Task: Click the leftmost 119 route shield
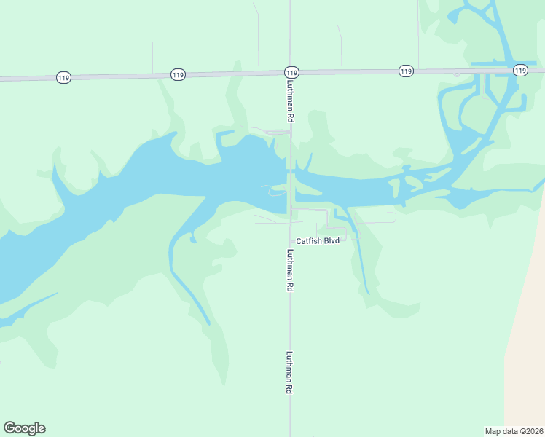pyautogui.click(x=63, y=77)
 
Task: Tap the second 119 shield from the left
pyautogui.click(x=178, y=74)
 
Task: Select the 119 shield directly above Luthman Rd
pyautogui.click(x=291, y=72)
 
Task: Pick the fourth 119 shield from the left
pyautogui.click(x=406, y=71)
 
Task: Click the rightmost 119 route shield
pyautogui.click(x=519, y=70)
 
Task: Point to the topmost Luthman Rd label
pyautogui.click(x=290, y=101)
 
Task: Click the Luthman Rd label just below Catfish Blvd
pyautogui.click(x=290, y=270)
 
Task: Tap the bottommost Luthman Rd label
pyautogui.click(x=290, y=373)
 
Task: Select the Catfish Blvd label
pyautogui.click(x=318, y=240)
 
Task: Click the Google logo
pyautogui.click(x=24, y=428)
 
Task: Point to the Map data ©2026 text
pyautogui.click(x=514, y=430)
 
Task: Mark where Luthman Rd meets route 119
pyautogui.click(x=290, y=72)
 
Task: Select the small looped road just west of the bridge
pyautogui.click(x=275, y=192)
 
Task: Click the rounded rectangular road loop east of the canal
pyautogui.click(x=375, y=217)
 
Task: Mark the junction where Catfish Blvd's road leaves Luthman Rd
pyautogui.click(x=291, y=210)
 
